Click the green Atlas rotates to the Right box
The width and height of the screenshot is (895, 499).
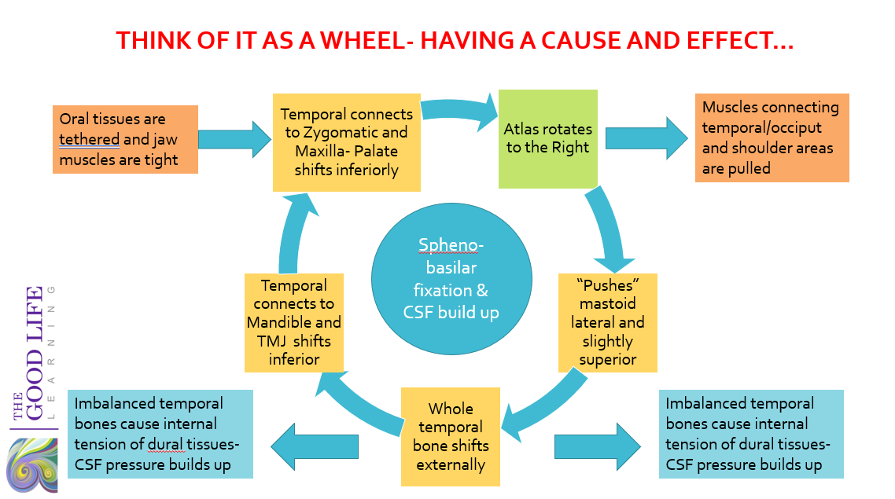[548, 138]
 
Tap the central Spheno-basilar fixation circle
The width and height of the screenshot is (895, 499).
[451, 279]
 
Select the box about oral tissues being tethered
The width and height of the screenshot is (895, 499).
[126, 139]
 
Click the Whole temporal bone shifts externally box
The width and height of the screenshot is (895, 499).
[451, 437]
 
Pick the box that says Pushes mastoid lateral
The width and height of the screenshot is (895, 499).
[607, 323]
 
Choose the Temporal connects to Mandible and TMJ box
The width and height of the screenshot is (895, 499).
[294, 323]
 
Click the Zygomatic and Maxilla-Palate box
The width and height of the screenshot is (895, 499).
[347, 142]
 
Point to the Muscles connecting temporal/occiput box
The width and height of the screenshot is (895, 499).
[772, 138]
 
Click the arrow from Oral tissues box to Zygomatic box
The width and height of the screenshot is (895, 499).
[234, 139]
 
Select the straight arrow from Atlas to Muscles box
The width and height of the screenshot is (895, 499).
[646, 138]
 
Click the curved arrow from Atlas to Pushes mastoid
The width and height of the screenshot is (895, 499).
[610, 231]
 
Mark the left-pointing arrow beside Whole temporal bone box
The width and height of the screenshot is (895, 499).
[315, 446]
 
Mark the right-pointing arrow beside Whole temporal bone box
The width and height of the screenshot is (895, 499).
[598, 446]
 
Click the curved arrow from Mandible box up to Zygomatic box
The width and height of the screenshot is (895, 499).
[293, 234]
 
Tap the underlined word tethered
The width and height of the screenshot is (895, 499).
[90, 140]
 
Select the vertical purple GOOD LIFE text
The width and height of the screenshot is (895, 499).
[35, 353]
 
